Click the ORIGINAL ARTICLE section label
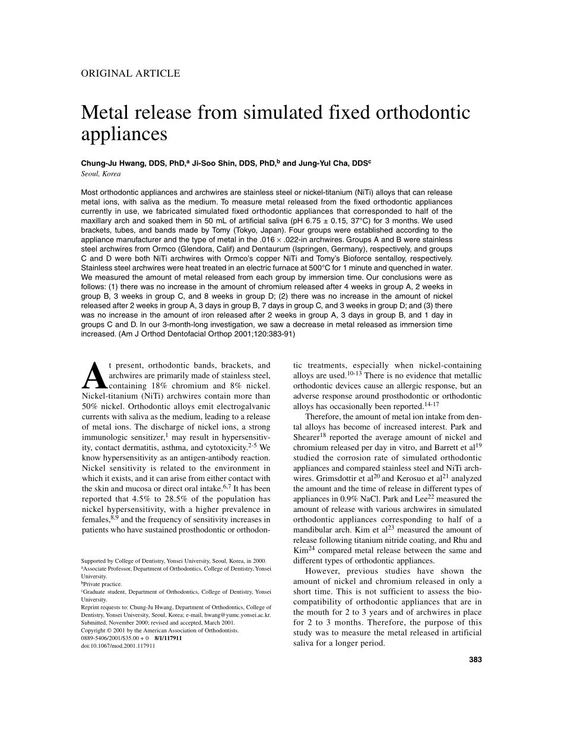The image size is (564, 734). tap(129, 74)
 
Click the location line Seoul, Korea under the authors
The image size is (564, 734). tap(100, 174)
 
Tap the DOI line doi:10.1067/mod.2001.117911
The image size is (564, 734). tap(118, 646)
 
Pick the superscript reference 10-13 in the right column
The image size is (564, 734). tap(354, 374)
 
